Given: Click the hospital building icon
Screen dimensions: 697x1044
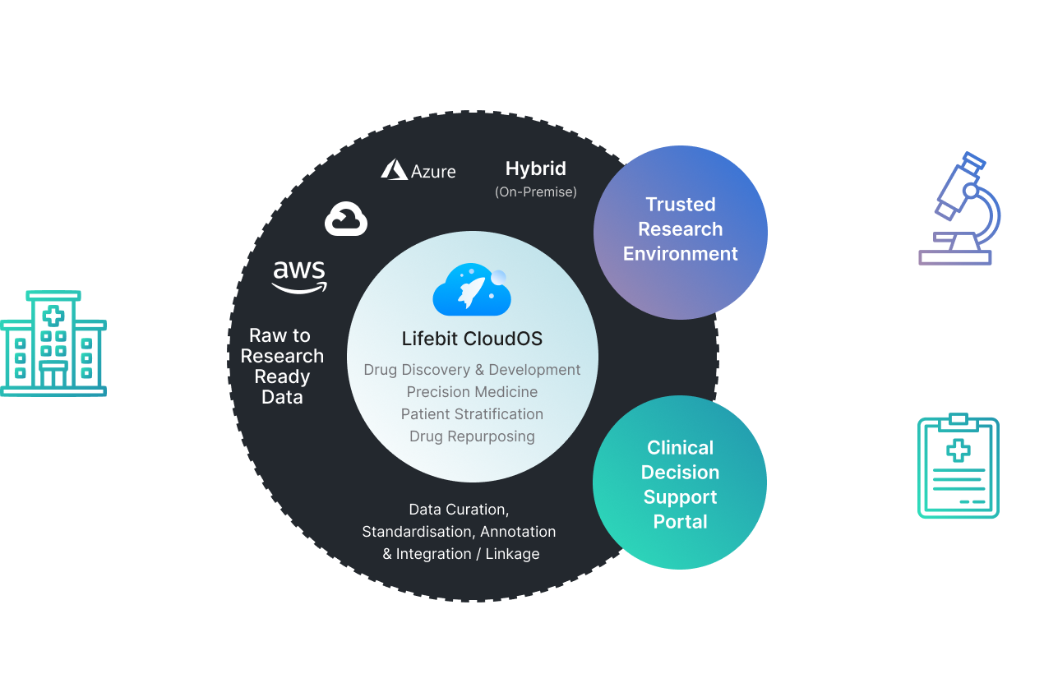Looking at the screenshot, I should point(53,344).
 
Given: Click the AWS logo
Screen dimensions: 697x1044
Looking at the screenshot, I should point(299,276).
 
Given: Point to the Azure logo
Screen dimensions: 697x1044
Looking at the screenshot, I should point(418,170).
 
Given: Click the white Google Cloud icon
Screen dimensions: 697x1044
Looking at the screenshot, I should point(346,219).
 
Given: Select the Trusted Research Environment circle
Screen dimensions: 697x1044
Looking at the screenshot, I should point(680,229).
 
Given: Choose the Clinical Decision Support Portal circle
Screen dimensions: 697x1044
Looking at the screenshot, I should point(680,484).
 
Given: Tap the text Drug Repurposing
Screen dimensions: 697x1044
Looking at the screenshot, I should point(472,436).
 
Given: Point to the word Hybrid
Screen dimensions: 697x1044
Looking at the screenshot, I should point(536,169).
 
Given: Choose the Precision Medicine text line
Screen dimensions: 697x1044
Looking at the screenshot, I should point(472,392).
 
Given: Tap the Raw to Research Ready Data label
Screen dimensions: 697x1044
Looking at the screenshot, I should point(281,367).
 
